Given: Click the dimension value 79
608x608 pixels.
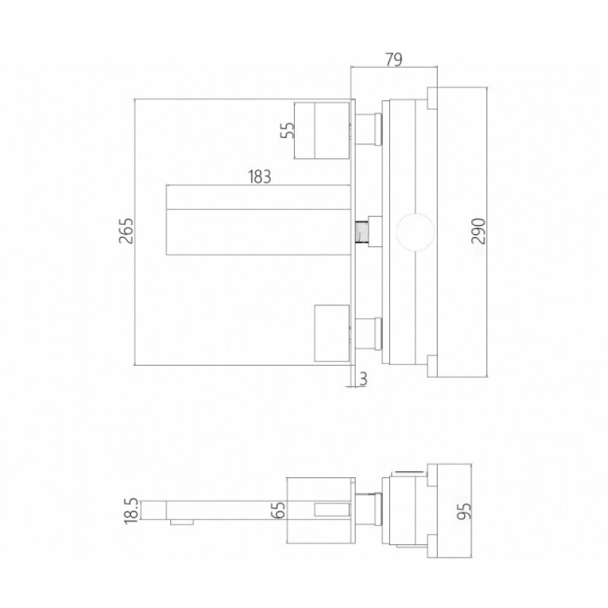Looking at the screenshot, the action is click(394, 59).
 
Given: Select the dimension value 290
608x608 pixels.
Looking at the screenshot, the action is click(479, 231).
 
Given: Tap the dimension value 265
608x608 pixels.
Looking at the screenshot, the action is click(126, 231).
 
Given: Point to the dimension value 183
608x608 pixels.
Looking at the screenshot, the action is click(259, 177).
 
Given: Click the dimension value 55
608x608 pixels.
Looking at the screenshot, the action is click(288, 130).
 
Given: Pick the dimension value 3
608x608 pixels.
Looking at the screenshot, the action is click(363, 378).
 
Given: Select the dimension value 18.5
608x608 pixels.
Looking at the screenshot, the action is click(131, 511).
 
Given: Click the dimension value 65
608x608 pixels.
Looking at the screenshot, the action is click(278, 510).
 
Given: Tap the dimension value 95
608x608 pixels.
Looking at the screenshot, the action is click(464, 511).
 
